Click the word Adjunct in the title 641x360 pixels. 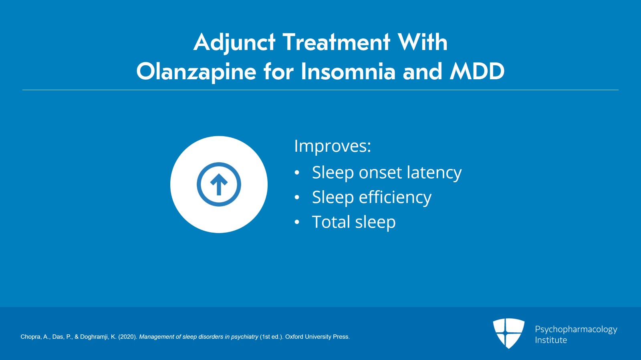[x=234, y=42]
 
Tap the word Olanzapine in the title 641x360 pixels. [x=196, y=72]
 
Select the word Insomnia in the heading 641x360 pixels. [x=348, y=72]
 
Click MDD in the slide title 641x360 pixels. [x=477, y=72]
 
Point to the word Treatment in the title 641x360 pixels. [x=336, y=42]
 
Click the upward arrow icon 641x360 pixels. [x=219, y=185]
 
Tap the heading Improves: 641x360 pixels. [x=333, y=146]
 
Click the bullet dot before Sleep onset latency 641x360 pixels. [x=297, y=173]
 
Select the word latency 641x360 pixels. [x=434, y=173]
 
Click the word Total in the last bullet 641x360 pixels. [x=331, y=222]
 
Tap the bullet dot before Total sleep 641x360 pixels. [x=297, y=222]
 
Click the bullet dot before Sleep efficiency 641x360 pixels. [x=297, y=197]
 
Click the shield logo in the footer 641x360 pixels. [x=508, y=333]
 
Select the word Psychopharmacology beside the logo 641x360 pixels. [x=576, y=329]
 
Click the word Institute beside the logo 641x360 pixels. [x=551, y=340]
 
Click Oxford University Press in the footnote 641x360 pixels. [x=317, y=337]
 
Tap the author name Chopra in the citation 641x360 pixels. [x=30, y=337]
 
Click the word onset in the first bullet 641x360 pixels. [x=380, y=173]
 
